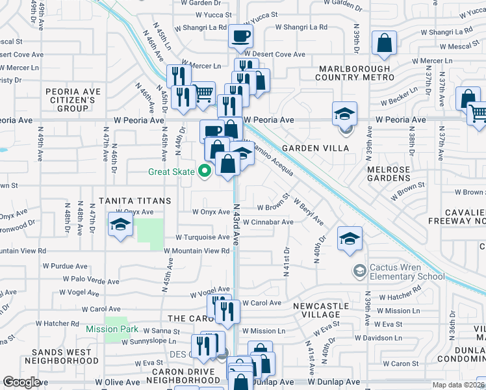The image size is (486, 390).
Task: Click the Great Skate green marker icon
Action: click(205, 172)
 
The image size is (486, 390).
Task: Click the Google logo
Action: click(21, 382)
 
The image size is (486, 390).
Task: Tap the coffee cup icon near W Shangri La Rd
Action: click(240, 36)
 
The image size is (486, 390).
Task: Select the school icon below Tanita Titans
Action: click(120, 225)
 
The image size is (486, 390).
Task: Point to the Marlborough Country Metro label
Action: click(355, 73)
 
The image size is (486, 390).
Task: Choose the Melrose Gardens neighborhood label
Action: click(389, 174)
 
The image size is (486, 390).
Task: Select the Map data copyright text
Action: click(457, 384)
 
